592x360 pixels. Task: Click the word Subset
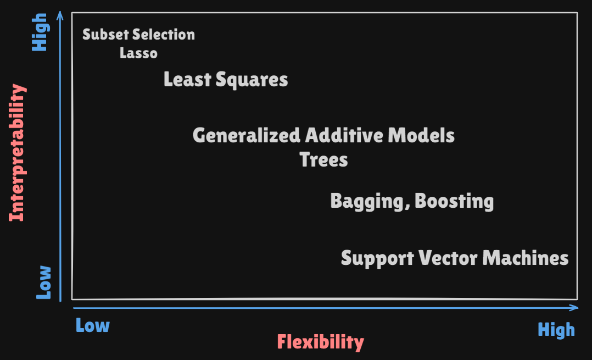105,35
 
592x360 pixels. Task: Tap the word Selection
164,35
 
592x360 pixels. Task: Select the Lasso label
138,53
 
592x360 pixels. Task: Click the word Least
187,79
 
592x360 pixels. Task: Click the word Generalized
247,136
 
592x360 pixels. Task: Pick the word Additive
344,135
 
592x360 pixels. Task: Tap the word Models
421,135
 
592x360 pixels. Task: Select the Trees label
323,159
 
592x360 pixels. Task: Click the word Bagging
370,202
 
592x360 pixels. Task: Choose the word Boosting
454,202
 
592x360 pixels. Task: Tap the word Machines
526,258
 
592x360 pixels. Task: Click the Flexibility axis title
321,342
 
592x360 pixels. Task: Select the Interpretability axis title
18,153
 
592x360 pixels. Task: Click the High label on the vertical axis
40,32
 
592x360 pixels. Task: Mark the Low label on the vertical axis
43,283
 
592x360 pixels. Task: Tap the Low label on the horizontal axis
92,325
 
